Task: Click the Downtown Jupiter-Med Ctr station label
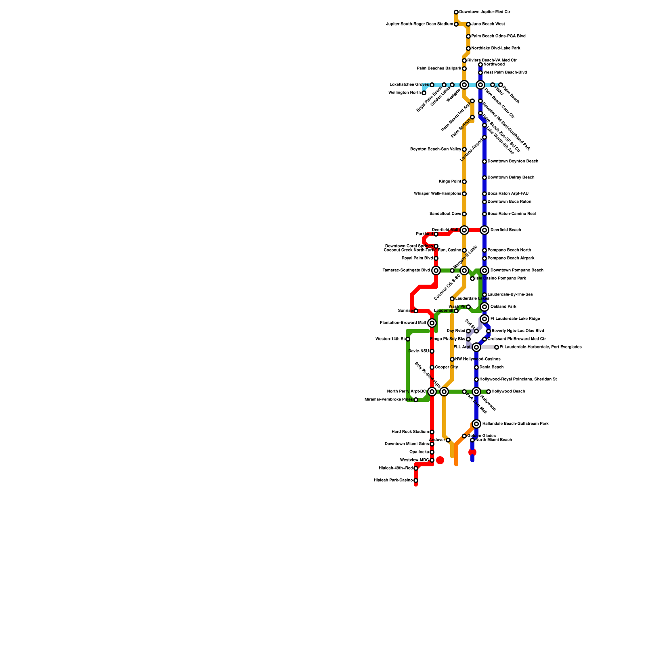(x=484, y=12)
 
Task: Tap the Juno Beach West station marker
(x=468, y=24)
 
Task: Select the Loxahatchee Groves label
(x=409, y=85)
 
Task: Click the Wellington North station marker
(x=424, y=93)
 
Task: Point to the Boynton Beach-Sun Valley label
(x=435, y=149)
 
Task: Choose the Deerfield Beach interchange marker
(x=484, y=230)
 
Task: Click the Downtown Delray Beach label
(x=511, y=178)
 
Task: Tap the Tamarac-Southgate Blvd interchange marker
(x=436, y=271)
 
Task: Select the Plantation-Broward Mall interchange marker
(x=432, y=323)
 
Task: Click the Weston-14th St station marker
(x=408, y=339)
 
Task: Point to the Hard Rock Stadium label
(x=410, y=432)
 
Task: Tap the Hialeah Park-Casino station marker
(x=416, y=480)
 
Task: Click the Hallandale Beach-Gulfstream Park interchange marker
(x=476, y=424)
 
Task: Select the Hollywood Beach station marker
(x=489, y=392)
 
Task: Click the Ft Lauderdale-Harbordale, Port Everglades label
(x=540, y=347)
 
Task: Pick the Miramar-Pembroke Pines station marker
(x=416, y=400)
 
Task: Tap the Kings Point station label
(x=450, y=182)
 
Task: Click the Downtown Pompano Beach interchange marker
(x=484, y=271)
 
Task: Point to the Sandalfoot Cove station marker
(x=464, y=214)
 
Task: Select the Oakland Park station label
(x=503, y=307)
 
